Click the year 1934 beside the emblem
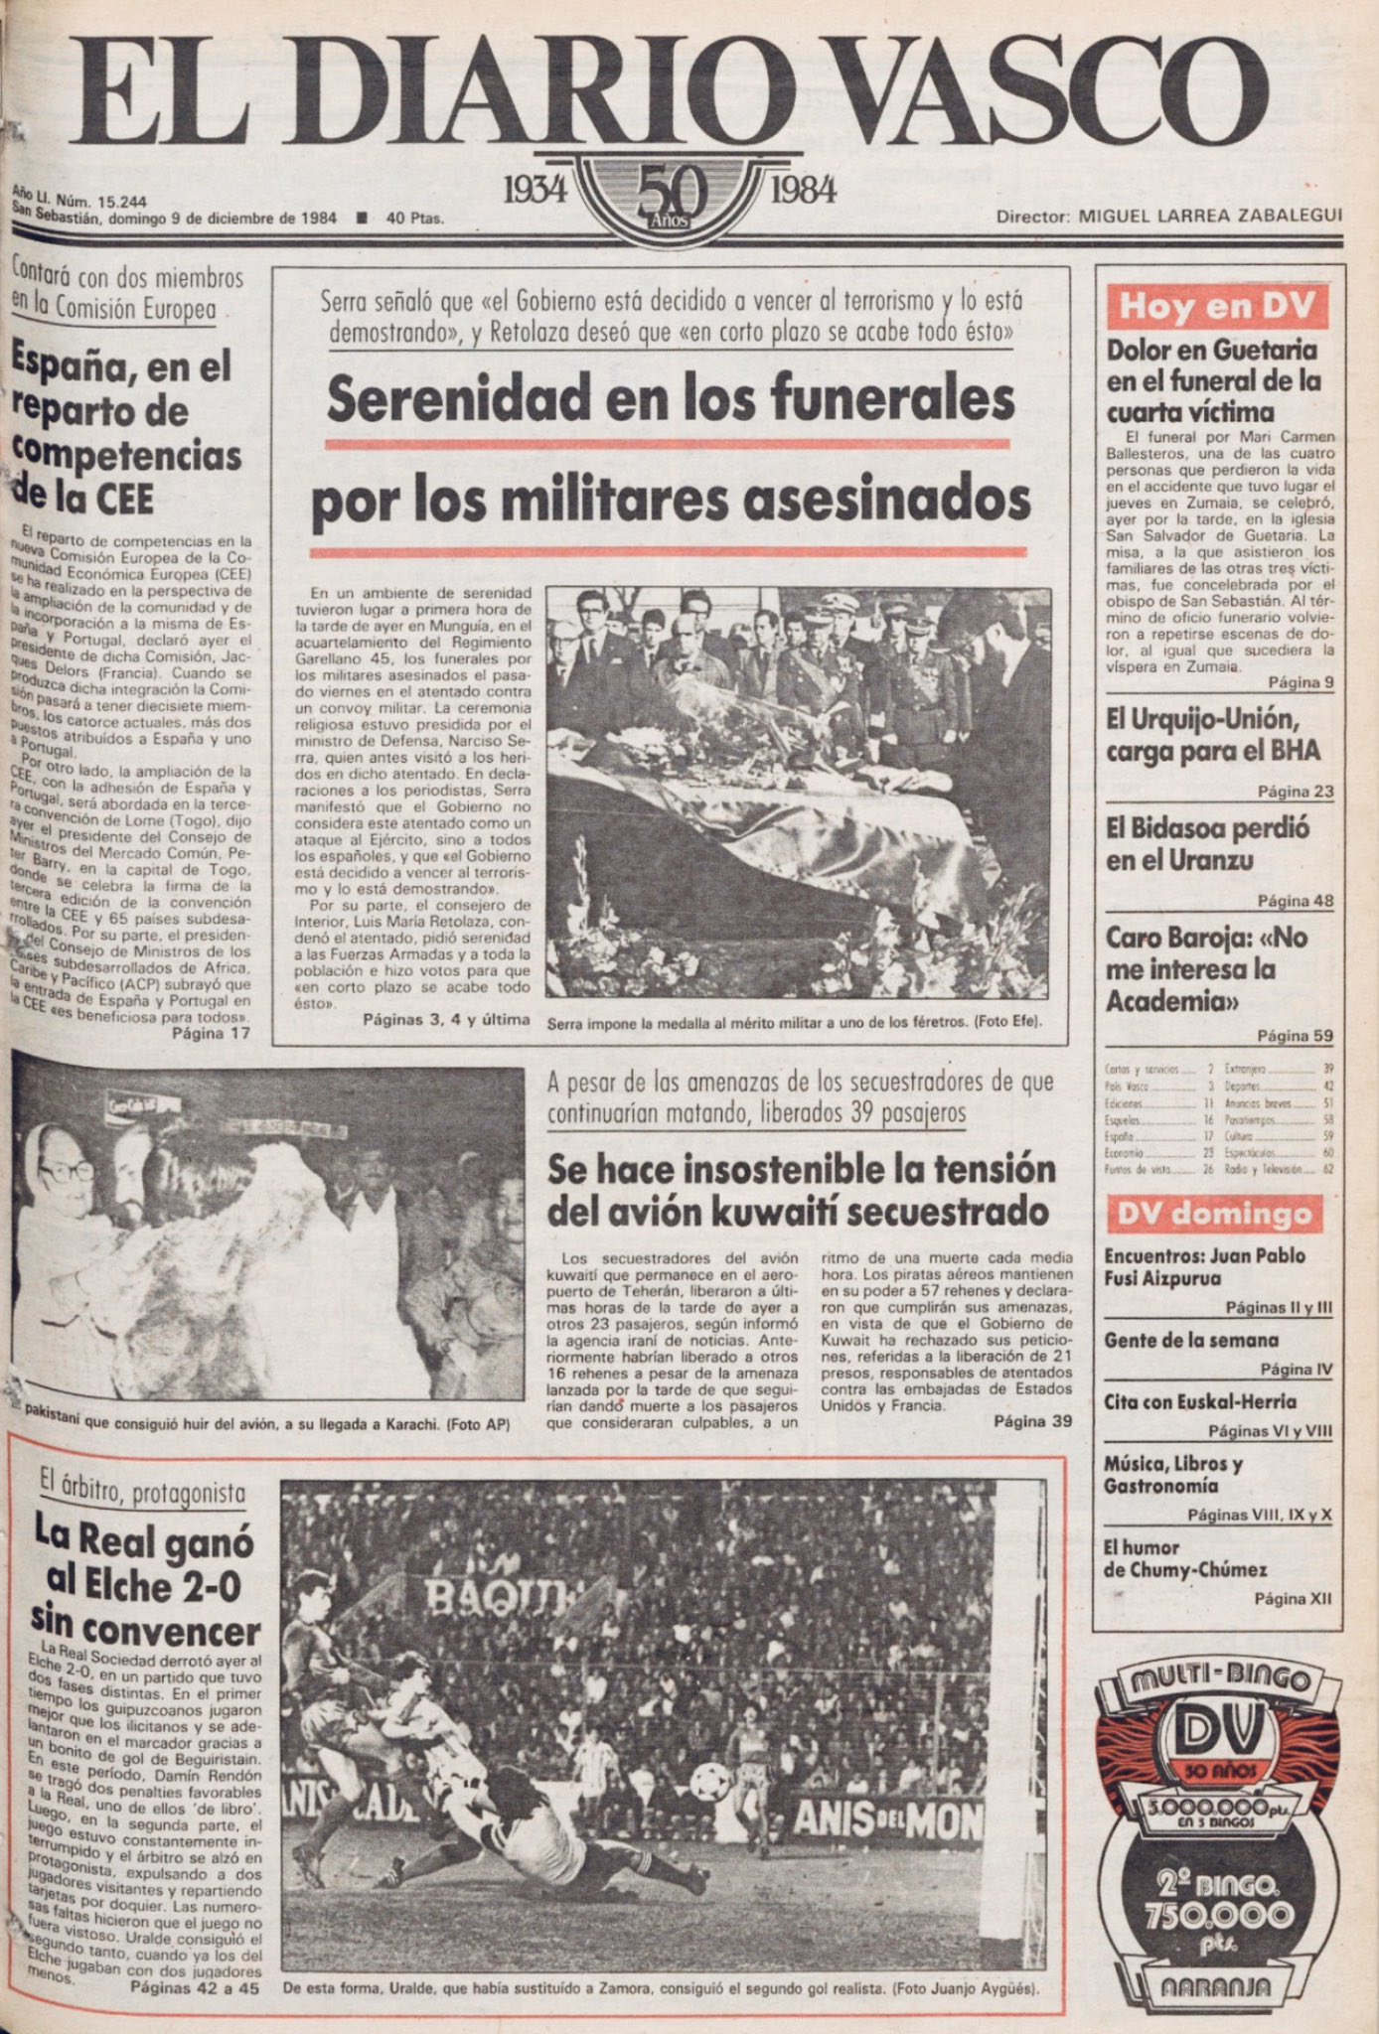535,189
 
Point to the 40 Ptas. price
414,218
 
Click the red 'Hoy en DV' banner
1216,306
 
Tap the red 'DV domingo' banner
1214,1215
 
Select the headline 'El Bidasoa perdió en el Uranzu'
1208,843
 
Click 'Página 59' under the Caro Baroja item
1295,1036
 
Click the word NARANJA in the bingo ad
1216,1985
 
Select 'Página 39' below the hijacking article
1032,1421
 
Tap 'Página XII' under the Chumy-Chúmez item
1293,1599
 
